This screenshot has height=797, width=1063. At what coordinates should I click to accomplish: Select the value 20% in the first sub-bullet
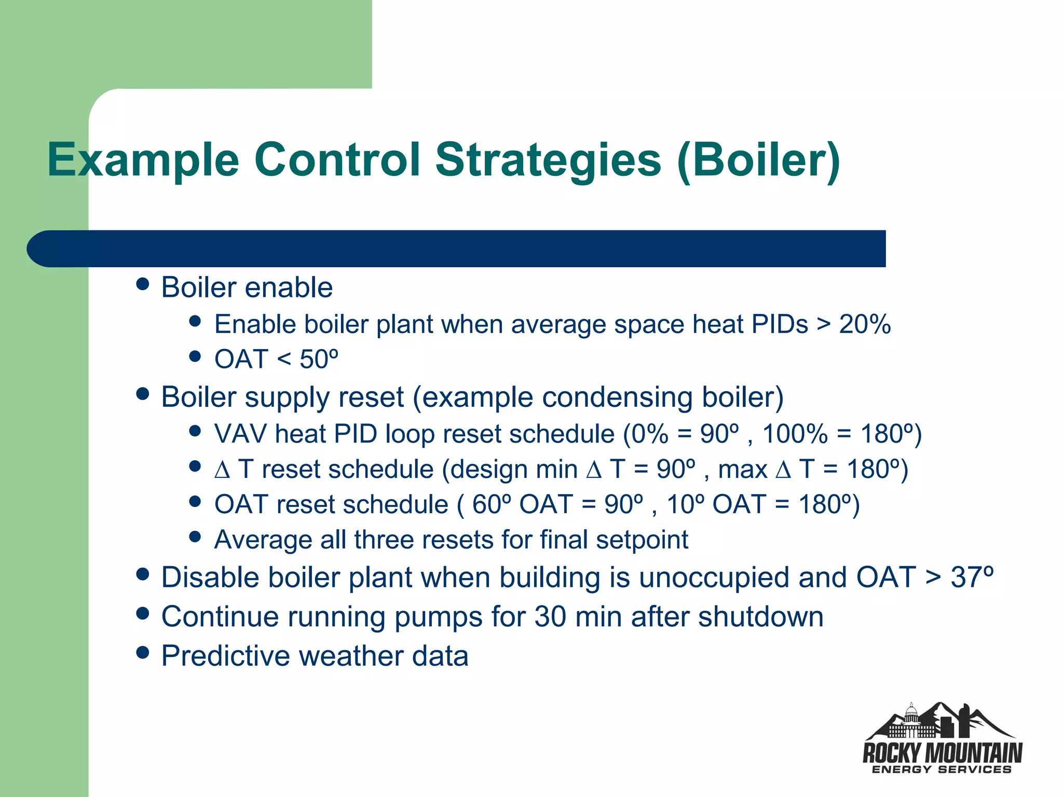pyautogui.click(x=865, y=324)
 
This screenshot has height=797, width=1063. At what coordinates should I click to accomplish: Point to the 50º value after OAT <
pyautogui.click(x=319, y=359)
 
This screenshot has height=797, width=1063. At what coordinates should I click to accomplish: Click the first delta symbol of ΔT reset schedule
pyautogui.click(x=222, y=470)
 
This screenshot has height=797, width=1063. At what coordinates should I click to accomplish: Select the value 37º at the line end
pyautogui.click(x=972, y=578)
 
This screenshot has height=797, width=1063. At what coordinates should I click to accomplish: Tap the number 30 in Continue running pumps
pyautogui.click(x=550, y=617)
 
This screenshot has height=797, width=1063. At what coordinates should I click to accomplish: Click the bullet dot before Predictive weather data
pyautogui.click(x=142, y=652)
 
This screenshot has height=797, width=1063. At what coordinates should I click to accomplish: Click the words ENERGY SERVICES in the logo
pyautogui.click(x=942, y=770)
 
